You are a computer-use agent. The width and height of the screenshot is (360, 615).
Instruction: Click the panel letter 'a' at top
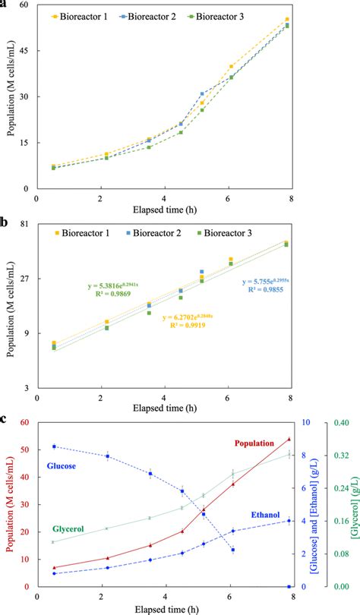click(4, 4)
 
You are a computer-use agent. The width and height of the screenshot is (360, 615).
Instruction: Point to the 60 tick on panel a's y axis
click(23, 5)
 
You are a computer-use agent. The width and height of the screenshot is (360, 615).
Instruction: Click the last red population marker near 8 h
click(288, 439)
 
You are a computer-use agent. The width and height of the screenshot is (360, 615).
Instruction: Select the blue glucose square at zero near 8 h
click(288, 587)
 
